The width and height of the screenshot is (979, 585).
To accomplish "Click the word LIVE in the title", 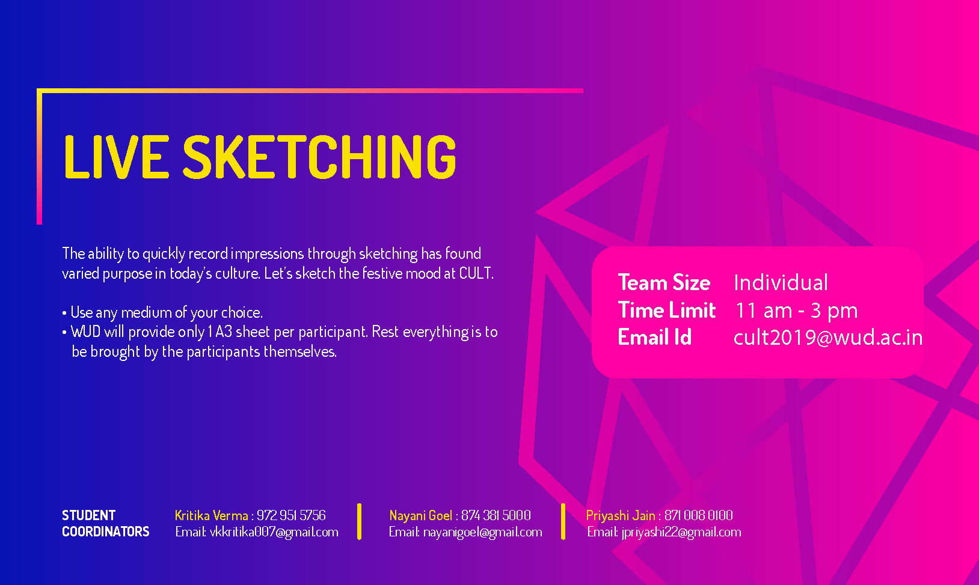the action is point(117,157).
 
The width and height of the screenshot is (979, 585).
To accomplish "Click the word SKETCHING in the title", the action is point(319,157).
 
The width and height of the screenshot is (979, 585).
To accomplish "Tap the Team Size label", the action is point(664,282).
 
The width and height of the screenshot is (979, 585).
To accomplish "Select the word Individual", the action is point(781,282).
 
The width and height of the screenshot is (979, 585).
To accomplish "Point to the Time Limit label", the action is point(666,310).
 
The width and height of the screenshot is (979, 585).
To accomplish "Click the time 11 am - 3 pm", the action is point(797,311).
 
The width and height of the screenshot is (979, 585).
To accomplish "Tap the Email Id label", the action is point(654,337).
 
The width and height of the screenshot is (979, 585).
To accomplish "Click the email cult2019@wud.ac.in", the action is point(828,338).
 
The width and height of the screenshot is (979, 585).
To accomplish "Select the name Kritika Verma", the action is point(212,515).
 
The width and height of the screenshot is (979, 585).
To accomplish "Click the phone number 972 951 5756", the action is point(291,515).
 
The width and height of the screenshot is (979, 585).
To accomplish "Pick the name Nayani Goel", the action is point(420,515).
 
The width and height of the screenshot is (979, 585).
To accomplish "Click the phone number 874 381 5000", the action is point(496,515).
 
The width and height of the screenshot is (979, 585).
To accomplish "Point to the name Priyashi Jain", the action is point(621,515).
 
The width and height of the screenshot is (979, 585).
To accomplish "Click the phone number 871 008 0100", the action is point(698,515).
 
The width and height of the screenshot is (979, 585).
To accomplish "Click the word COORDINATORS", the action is point(105,532).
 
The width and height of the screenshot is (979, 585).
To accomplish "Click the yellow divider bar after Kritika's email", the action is point(359,522).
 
